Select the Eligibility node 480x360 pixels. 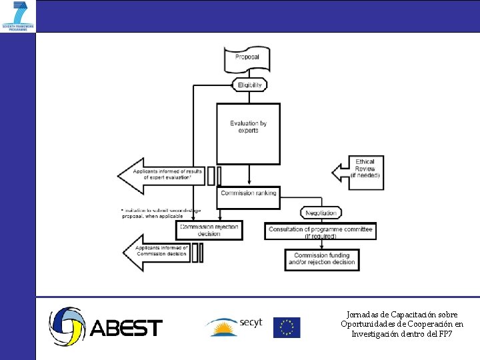click(x=249, y=85)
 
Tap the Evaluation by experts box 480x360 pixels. click(x=249, y=133)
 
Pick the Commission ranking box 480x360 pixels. click(x=249, y=193)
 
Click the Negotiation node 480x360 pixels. click(x=322, y=213)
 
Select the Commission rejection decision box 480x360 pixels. click(x=208, y=230)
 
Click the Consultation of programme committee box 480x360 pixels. click(x=320, y=231)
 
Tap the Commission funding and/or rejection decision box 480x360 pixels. click(x=321, y=259)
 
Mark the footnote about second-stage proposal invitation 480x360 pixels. click(x=160, y=213)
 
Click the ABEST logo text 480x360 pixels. click(x=126, y=328)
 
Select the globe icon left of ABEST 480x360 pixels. click(x=67, y=326)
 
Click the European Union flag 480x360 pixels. click(x=287, y=327)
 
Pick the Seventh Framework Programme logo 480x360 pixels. click(x=18, y=16)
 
